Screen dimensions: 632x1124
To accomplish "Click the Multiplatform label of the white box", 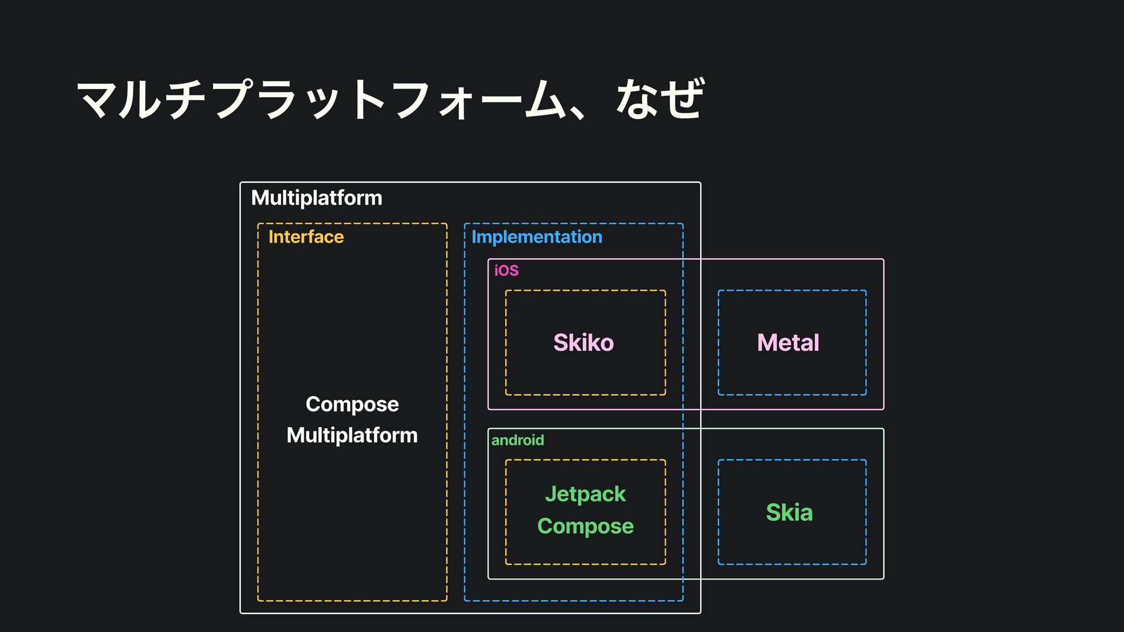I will [x=316, y=198].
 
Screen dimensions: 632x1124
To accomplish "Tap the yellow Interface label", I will [x=306, y=237].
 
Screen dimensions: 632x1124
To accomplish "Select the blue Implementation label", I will [x=536, y=237].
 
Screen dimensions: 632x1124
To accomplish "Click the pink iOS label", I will [x=506, y=270].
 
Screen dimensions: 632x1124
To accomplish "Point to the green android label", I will [x=518, y=440].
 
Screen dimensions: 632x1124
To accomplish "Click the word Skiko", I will [x=584, y=343].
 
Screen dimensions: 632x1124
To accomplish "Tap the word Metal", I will [x=788, y=343].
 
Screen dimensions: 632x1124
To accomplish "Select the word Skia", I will [x=789, y=513].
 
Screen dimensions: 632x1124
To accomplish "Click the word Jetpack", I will [x=585, y=494].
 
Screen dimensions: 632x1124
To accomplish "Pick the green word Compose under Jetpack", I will [x=585, y=526].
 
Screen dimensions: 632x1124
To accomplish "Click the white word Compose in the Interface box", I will [x=352, y=404].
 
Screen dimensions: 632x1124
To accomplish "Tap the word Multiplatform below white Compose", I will [x=352, y=435].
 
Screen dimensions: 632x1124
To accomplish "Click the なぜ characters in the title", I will [x=660, y=99].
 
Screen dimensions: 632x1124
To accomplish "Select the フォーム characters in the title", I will [x=474, y=99].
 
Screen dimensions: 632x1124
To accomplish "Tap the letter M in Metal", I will [x=767, y=343].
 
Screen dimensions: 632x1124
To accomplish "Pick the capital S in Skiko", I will [x=561, y=343].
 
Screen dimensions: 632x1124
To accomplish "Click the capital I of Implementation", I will [x=474, y=237].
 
